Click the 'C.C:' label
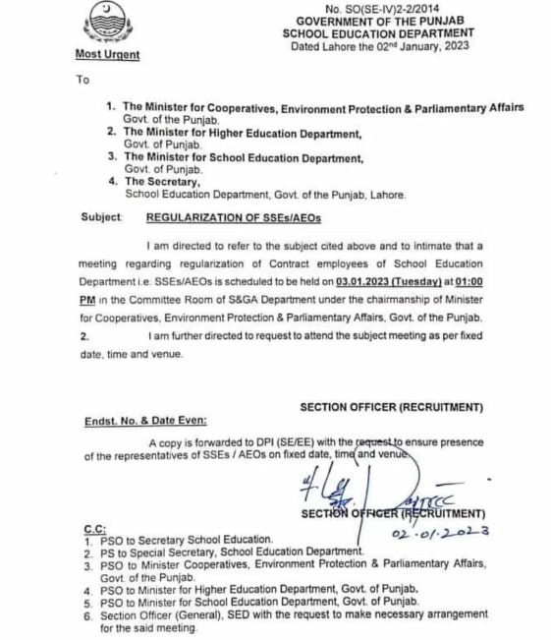96,529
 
